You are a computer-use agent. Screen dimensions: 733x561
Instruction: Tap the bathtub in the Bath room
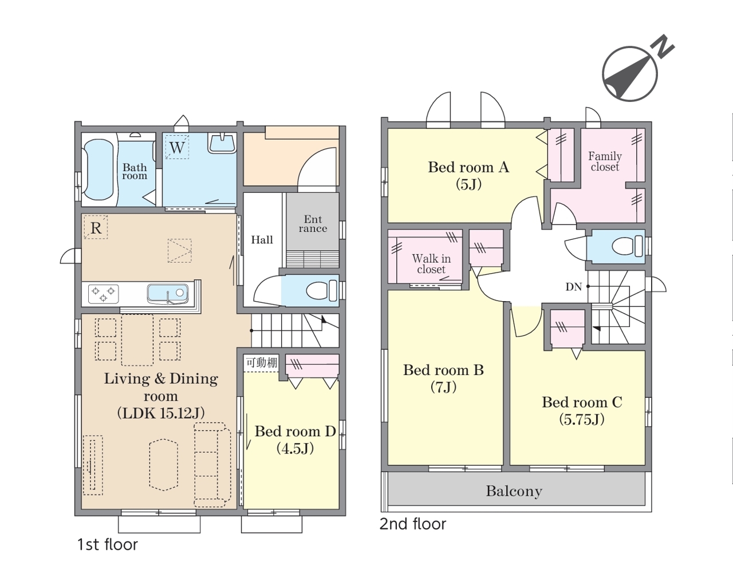click(98, 169)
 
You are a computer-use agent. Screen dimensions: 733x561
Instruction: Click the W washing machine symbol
click(177, 147)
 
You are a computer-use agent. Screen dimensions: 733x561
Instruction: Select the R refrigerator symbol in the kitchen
click(96, 228)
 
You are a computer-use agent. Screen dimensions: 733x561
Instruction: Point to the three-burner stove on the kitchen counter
click(104, 294)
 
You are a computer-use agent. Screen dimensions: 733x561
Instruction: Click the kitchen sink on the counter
click(168, 294)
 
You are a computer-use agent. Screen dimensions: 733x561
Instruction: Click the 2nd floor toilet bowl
click(627, 246)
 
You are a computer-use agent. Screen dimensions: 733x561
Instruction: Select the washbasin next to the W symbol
click(222, 143)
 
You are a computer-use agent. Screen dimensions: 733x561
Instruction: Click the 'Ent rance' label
click(313, 224)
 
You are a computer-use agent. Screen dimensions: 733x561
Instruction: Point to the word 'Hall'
click(262, 240)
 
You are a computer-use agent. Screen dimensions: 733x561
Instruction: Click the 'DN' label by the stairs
click(573, 287)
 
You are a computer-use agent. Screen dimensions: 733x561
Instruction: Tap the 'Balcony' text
click(514, 491)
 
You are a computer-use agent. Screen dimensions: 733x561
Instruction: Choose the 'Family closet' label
click(605, 161)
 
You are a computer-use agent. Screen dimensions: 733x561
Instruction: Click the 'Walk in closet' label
click(431, 264)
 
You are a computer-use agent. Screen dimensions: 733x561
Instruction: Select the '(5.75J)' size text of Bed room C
click(582, 420)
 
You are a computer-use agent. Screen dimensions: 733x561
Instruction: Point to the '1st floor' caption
click(108, 544)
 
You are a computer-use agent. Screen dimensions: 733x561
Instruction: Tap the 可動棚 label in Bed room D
click(262, 363)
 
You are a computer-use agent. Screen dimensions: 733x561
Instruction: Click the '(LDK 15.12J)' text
click(161, 413)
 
